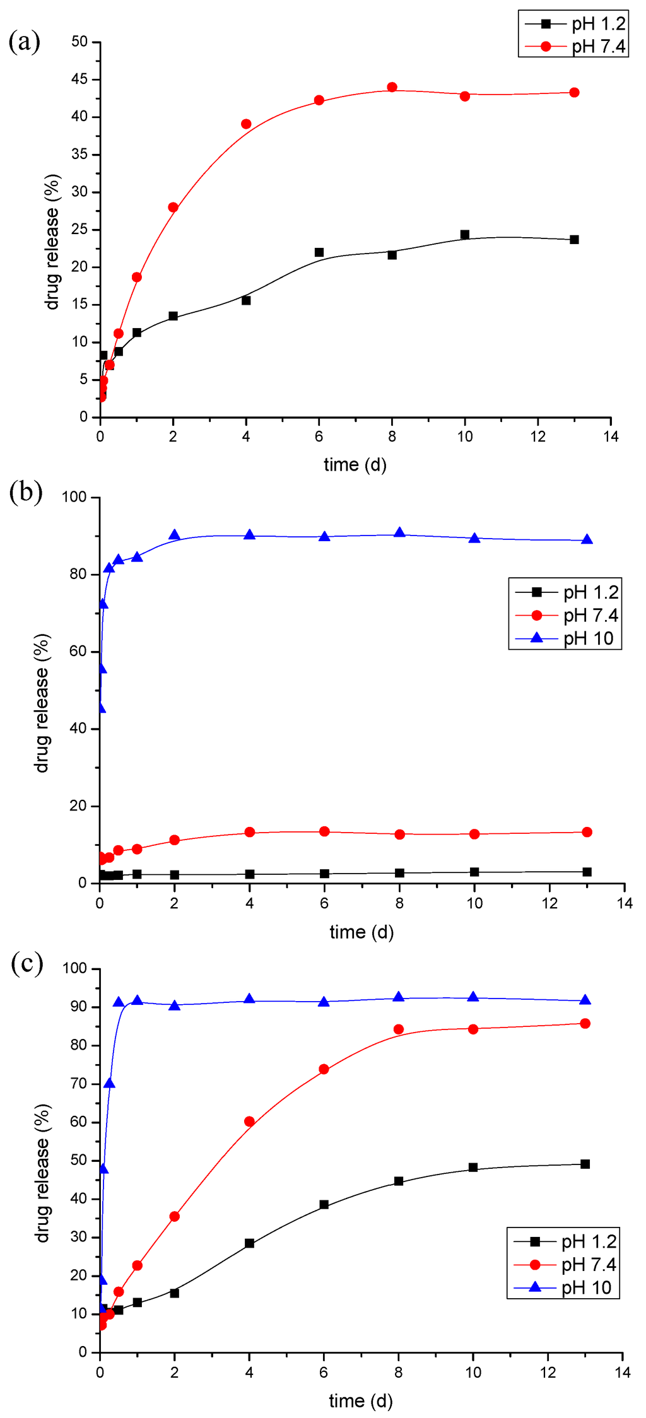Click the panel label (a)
click(25, 42)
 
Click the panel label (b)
click(26, 493)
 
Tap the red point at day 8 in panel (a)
click(392, 87)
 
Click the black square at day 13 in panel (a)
click(574, 240)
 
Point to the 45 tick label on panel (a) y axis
click(79, 79)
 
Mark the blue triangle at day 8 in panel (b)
click(399, 533)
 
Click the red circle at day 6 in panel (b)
click(324, 831)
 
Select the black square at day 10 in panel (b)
click(474, 872)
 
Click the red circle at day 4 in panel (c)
click(249, 1122)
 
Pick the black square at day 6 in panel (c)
click(324, 1205)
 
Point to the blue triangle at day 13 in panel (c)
click(585, 1000)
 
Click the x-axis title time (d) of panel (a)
click(355, 465)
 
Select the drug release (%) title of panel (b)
click(42, 703)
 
